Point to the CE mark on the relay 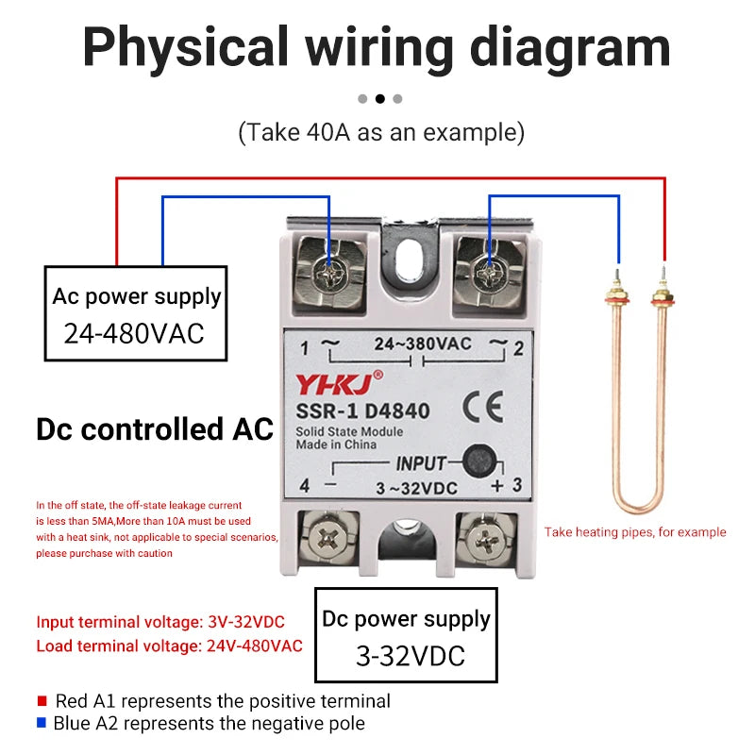tap(483, 407)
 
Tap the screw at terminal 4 tap(328, 537)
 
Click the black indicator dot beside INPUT tap(479, 461)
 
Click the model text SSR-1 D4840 tap(362, 411)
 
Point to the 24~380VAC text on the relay tap(423, 344)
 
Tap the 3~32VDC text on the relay tap(416, 488)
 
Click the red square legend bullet tap(42, 700)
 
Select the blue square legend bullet tap(42, 722)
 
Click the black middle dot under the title tap(380, 99)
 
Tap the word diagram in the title tap(570, 49)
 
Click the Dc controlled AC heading tap(155, 429)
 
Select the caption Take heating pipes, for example tap(635, 532)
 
